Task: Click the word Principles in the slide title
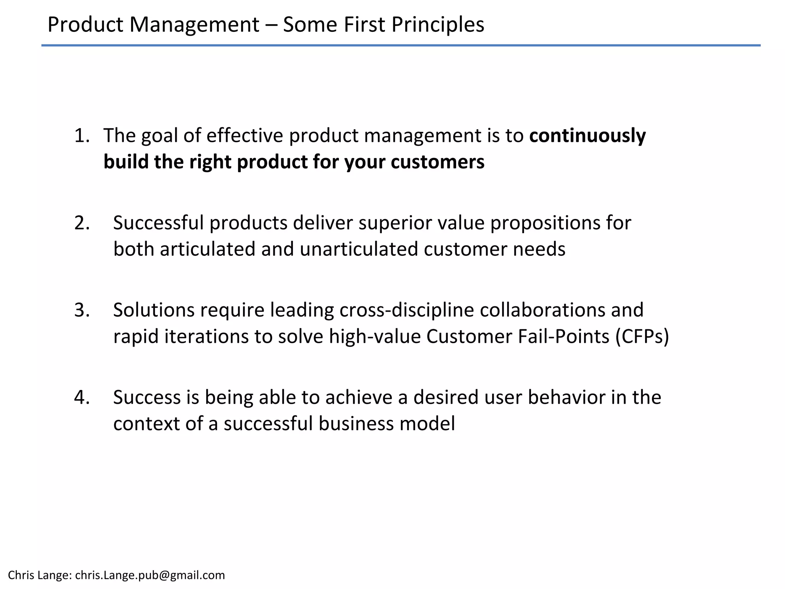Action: (x=437, y=25)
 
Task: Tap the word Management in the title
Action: (x=194, y=25)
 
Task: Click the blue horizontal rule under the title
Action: (x=401, y=46)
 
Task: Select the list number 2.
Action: (x=82, y=223)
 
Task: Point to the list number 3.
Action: (x=82, y=310)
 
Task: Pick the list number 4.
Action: (x=82, y=398)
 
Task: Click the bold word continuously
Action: (x=587, y=136)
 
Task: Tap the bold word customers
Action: (x=437, y=162)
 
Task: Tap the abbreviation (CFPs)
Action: (x=642, y=336)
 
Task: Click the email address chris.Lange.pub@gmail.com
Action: (x=150, y=575)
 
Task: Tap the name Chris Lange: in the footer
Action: (x=40, y=575)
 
